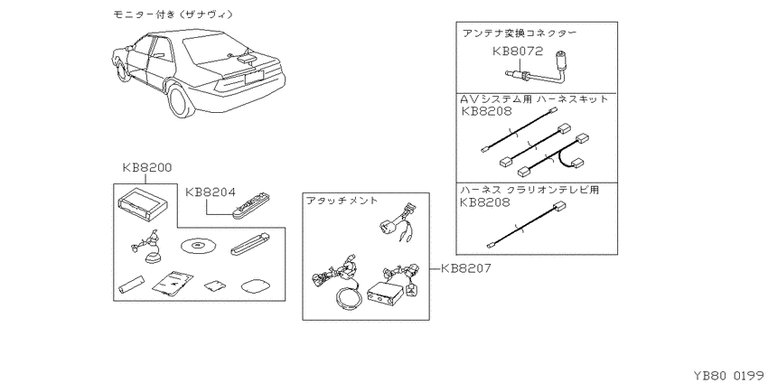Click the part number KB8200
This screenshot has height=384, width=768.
147,168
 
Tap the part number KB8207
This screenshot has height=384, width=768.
466,268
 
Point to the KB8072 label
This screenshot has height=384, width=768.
518,51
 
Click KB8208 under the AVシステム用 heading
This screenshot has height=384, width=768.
486,111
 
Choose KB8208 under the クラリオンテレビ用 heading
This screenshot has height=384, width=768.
486,201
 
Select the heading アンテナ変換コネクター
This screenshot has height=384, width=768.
520,33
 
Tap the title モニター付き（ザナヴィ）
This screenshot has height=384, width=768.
173,14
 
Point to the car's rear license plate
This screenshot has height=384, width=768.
254,77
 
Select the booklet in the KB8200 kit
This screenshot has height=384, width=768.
170,283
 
